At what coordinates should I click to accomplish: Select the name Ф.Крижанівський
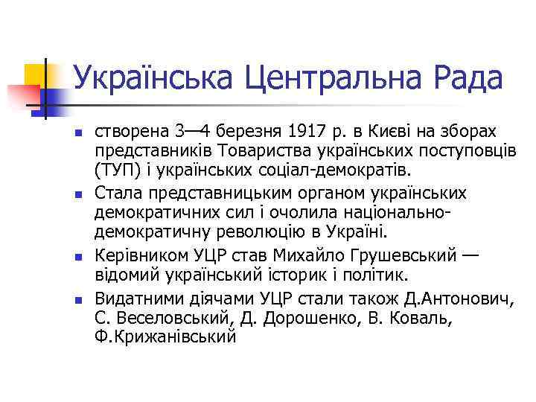click(x=165, y=336)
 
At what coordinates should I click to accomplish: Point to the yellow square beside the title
click(x=34, y=74)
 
